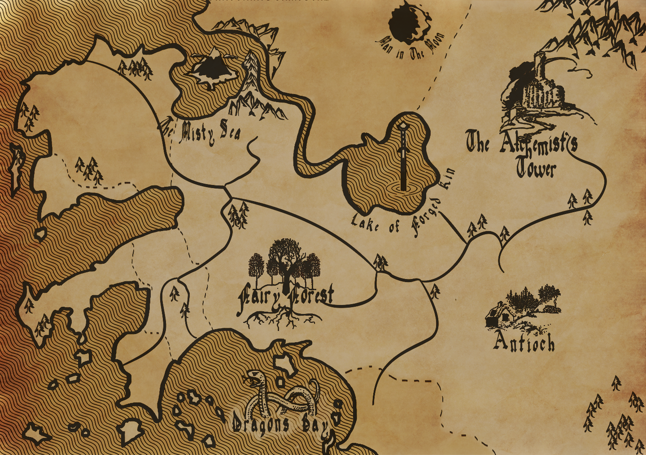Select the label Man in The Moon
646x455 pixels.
[x=412, y=47]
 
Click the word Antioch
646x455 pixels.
[x=524, y=343]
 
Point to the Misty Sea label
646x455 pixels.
[x=202, y=131]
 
